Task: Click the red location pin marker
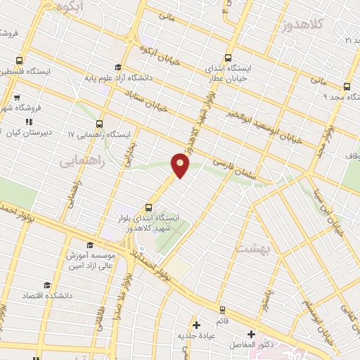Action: point(181,165)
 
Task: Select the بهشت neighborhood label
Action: point(252,247)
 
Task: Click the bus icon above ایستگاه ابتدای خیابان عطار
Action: point(227,58)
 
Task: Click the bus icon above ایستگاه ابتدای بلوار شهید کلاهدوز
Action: point(148,207)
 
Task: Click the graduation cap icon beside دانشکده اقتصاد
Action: point(47,285)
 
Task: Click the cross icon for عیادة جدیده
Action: point(197,325)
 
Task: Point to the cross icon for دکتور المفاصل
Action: point(251,334)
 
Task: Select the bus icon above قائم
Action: point(223,309)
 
